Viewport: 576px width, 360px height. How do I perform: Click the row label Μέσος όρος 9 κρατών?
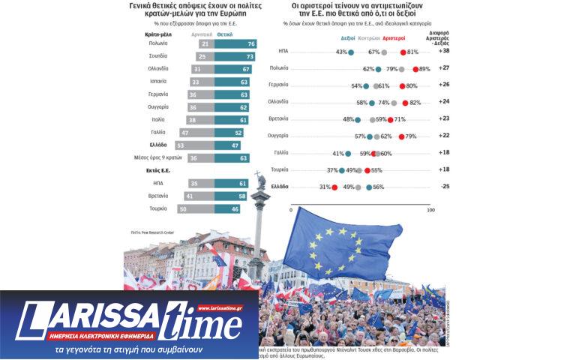(x=151, y=157)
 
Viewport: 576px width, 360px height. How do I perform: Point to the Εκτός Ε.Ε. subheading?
(x=154, y=171)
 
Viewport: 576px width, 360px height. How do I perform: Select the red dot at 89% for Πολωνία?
(x=416, y=68)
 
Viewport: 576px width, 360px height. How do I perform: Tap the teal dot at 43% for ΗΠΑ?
(x=351, y=52)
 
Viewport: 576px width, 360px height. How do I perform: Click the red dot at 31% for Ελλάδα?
(x=334, y=187)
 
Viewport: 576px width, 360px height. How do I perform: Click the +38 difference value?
(x=445, y=52)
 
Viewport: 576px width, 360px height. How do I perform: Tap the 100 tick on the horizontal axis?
(x=429, y=211)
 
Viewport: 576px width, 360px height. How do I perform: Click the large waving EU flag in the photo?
(x=341, y=247)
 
